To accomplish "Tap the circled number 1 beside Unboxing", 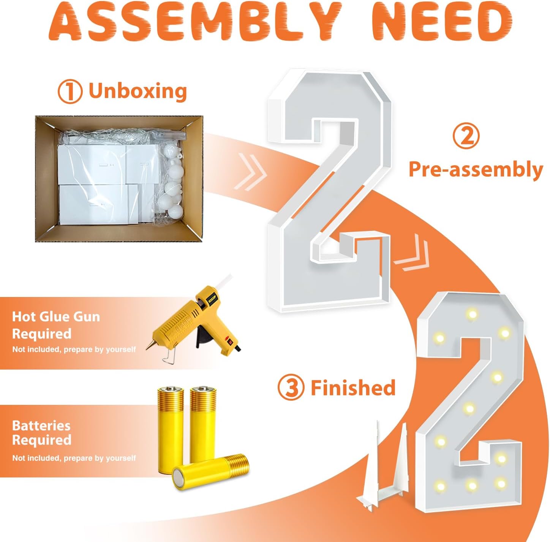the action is coord(70,92).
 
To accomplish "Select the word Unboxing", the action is coord(138,91).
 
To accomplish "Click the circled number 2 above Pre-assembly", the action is coord(467,137).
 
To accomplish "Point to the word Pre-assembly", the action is coord(476,170).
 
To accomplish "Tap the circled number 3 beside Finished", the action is coord(291,388).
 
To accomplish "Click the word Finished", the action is coord(353,387).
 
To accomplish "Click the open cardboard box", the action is coord(119,179).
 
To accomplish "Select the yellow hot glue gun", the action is coord(194,318).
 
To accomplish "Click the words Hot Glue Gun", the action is coord(56,317).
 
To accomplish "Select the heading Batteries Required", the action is coord(42,433).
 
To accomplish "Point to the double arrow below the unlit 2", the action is coord(412,252).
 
